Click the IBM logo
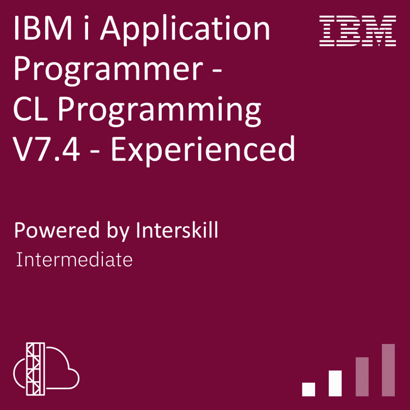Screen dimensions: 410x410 point(358,31)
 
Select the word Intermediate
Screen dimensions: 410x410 point(74,260)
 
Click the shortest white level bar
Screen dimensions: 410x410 point(309,389)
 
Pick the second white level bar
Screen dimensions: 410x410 point(335,383)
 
